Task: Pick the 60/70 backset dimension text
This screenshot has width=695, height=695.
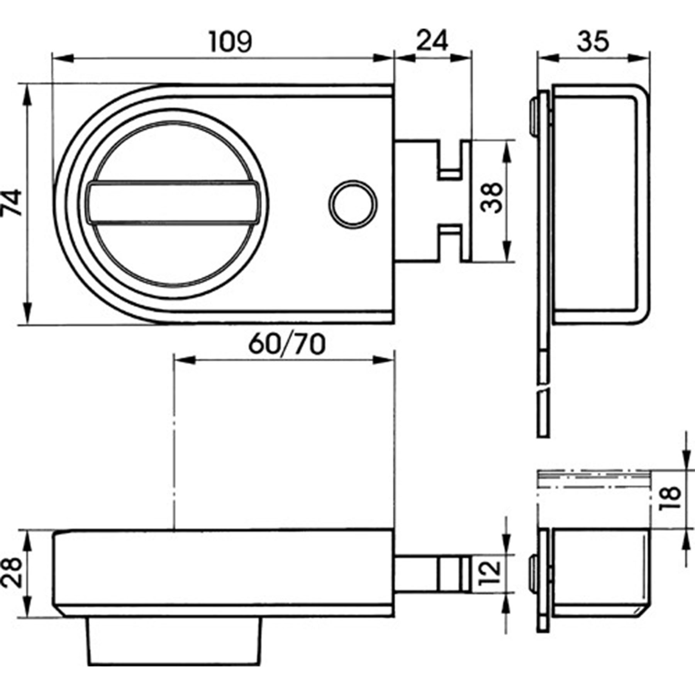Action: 286,345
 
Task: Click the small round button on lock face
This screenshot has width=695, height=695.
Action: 353,203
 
